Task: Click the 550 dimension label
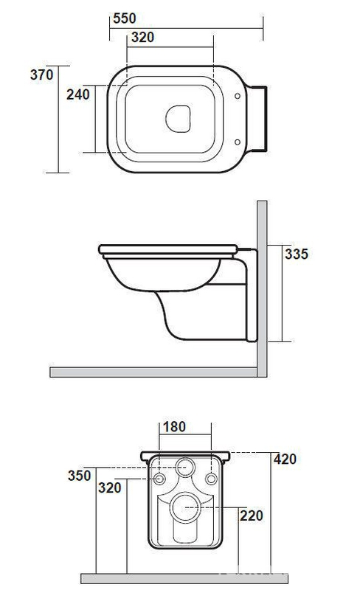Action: click(124, 18)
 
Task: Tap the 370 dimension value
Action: click(42, 74)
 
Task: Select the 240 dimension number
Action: click(78, 94)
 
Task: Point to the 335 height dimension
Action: click(297, 254)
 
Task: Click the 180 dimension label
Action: click(174, 427)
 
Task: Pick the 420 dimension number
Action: click(285, 459)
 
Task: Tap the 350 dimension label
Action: click(80, 475)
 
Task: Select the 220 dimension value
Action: click(251, 516)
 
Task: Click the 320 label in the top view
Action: click(142, 38)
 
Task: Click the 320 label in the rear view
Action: click(110, 487)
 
